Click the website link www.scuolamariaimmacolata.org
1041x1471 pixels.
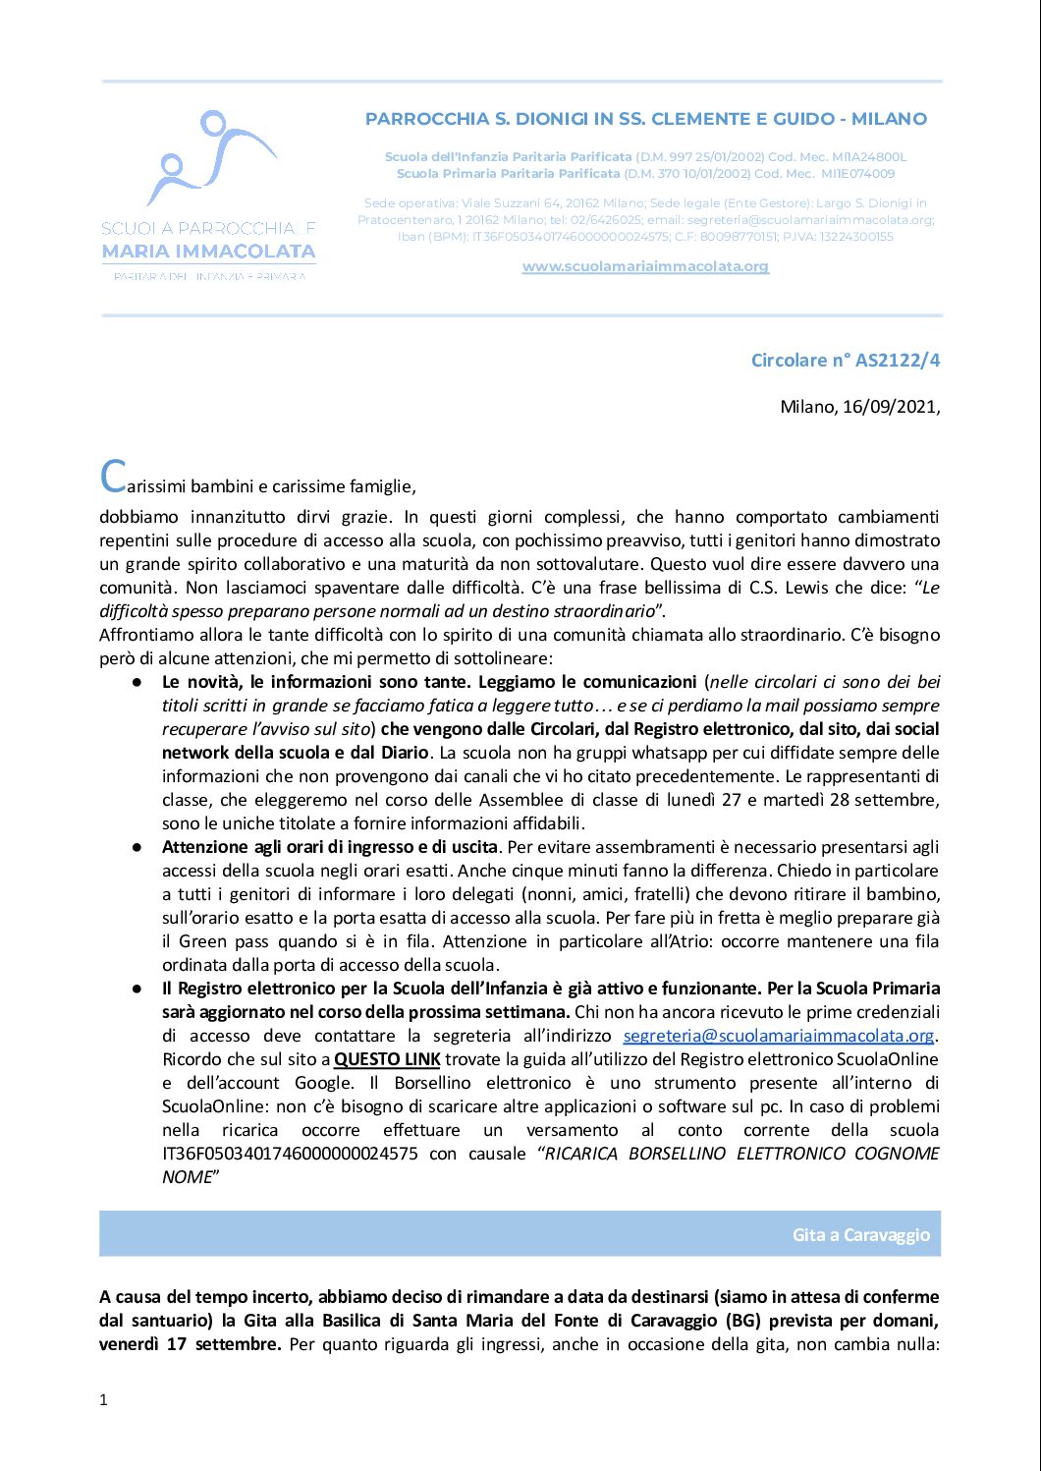coord(645,266)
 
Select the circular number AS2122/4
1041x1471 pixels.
coord(897,360)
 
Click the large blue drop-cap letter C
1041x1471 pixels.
coord(113,477)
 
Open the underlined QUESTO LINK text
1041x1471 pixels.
coord(387,1059)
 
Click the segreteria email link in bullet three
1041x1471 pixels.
coord(779,1036)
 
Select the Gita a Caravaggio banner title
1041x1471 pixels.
coord(860,1234)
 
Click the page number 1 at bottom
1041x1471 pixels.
coord(103,1399)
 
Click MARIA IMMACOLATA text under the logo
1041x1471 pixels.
coord(209,252)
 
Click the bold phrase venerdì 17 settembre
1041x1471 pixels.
coord(190,1344)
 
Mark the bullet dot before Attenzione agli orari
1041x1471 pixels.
coord(139,847)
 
